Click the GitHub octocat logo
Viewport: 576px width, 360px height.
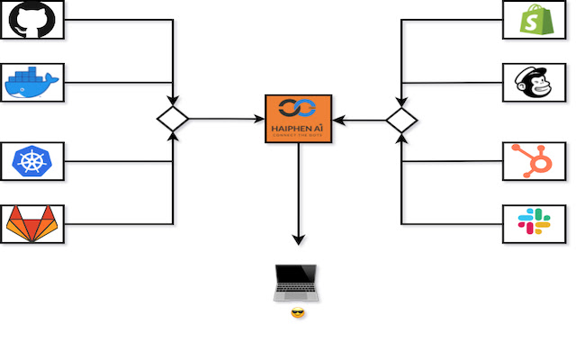click(x=32, y=19)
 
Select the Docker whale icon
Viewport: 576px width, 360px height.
click(x=32, y=83)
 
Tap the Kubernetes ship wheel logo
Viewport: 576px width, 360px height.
click(x=32, y=161)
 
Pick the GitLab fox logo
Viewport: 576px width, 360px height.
click(x=32, y=224)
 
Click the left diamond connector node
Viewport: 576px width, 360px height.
click(x=172, y=119)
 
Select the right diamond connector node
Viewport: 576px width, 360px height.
click(x=401, y=119)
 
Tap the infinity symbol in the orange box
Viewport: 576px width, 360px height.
click(x=298, y=109)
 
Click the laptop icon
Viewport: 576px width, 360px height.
click(x=297, y=283)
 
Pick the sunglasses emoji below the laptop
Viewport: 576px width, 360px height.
click(x=298, y=313)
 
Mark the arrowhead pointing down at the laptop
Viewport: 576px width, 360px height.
click(x=299, y=239)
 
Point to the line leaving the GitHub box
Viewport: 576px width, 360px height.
click(x=117, y=20)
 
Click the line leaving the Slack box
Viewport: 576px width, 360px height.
click(x=450, y=223)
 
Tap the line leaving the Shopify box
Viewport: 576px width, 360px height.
click(x=450, y=20)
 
